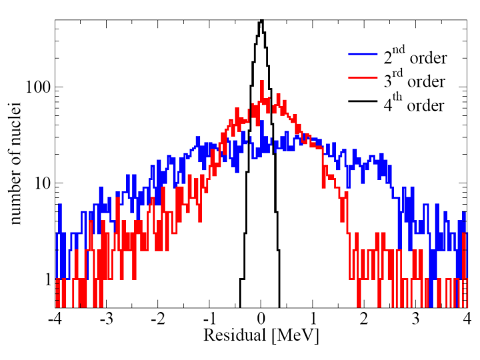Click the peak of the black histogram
point(261,21)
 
